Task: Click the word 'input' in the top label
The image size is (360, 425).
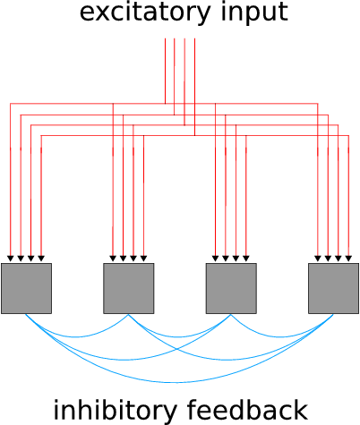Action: coord(254,13)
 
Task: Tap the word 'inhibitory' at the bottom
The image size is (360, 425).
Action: coord(115,409)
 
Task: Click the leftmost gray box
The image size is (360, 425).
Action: coord(26,288)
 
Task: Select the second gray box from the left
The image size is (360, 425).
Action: coord(129,288)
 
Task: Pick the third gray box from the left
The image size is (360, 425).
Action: coord(231,288)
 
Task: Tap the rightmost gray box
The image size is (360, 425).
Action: coord(333,288)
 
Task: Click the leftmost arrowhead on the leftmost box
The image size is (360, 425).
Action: coord(11,259)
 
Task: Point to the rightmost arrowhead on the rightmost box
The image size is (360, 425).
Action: coord(348,259)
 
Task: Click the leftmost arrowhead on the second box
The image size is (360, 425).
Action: coord(113,259)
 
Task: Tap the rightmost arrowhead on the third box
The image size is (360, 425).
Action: coord(246,259)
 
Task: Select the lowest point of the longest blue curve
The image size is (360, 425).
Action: coord(177,382)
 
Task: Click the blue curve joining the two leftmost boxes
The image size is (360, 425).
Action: coord(77,337)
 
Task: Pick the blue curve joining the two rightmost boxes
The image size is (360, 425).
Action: coord(282,337)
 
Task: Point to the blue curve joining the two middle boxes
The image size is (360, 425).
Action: coord(179,337)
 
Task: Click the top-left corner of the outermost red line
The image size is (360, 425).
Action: coord(11,104)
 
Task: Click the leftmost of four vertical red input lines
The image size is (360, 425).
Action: coord(165,71)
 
